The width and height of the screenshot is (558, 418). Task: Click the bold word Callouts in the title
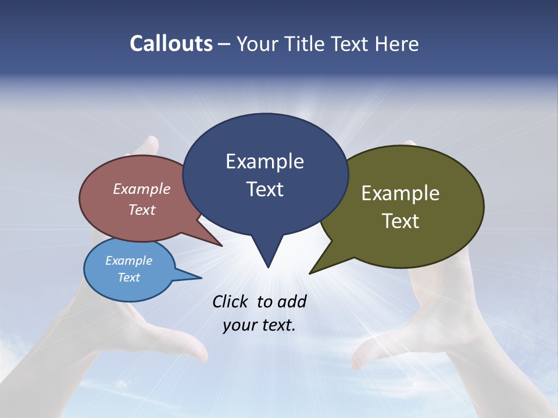[171, 44]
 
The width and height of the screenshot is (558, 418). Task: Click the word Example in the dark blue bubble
[264, 161]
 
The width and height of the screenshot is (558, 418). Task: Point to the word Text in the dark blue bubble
[265, 189]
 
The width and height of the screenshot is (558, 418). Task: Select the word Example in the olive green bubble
[400, 193]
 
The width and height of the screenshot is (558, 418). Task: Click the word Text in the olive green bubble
[401, 221]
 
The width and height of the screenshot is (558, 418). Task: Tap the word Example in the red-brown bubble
[142, 189]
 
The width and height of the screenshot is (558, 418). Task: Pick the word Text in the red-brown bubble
[142, 210]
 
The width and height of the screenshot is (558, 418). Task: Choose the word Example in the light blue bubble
[129, 261]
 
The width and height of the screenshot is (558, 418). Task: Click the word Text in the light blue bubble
[129, 278]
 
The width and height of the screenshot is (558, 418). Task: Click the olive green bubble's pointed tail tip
[310, 272]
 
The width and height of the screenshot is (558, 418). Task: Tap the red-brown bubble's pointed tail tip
[221, 246]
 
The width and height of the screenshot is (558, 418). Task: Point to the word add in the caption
[292, 301]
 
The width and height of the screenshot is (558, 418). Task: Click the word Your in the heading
[258, 44]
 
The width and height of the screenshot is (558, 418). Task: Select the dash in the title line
[224, 44]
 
